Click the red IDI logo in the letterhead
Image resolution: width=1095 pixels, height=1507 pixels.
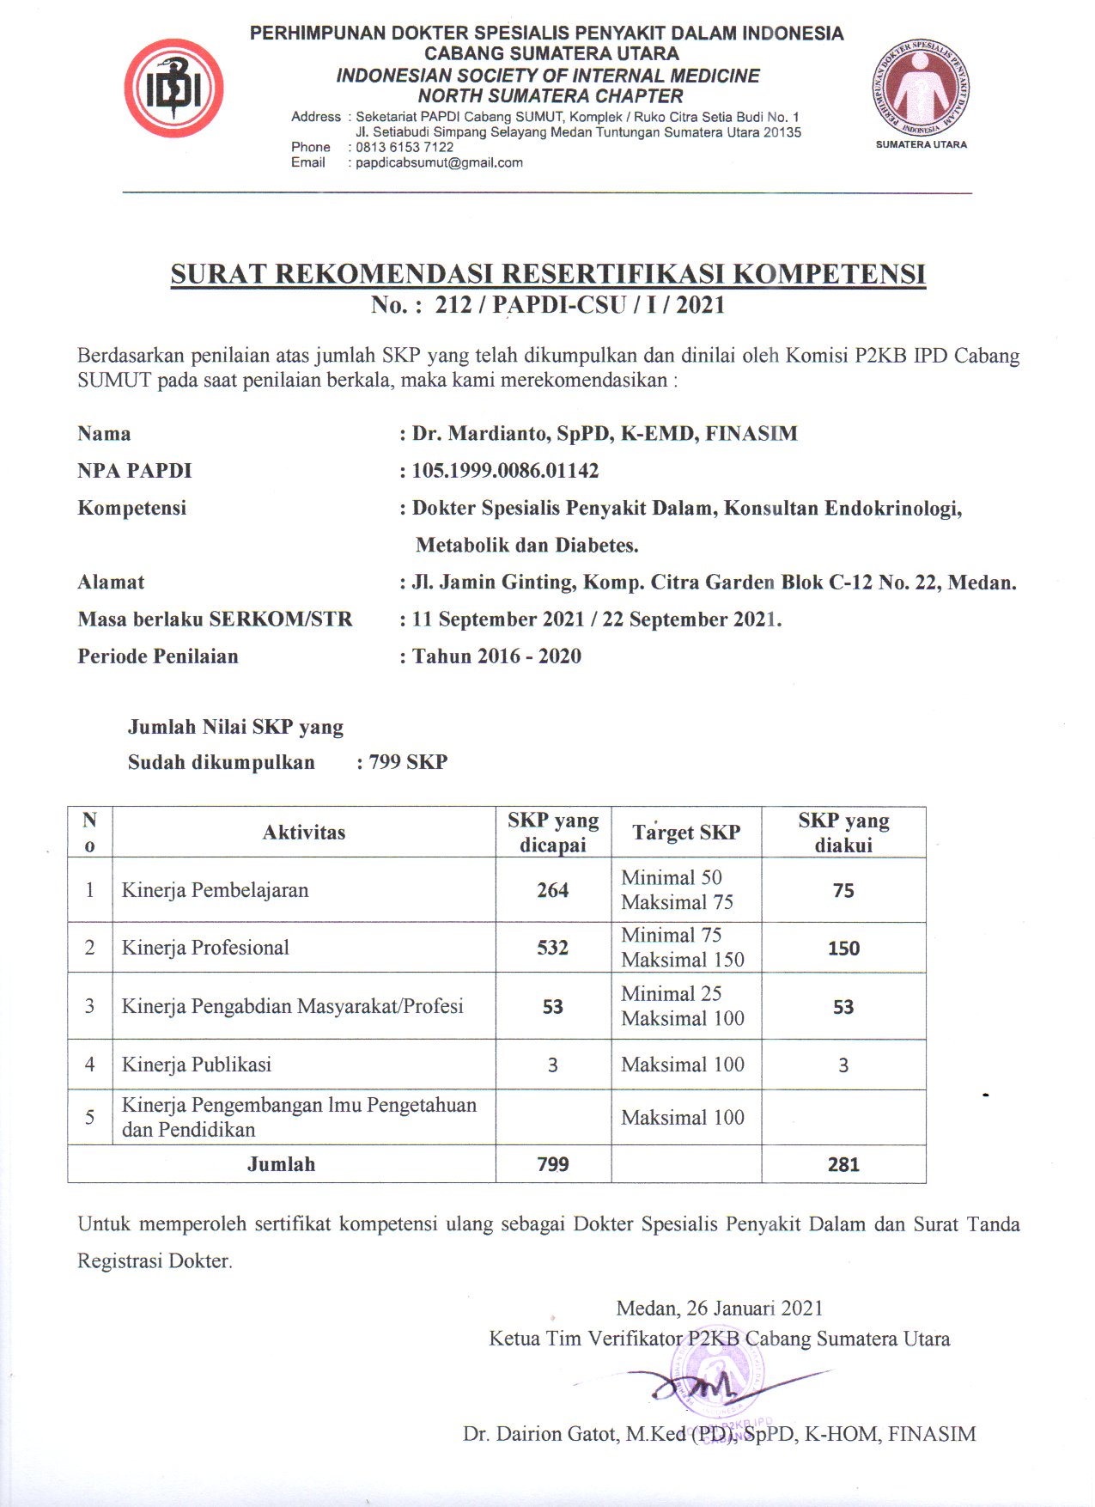[x=173, y=88]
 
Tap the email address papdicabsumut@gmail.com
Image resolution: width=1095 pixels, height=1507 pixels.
[x=439, y=162]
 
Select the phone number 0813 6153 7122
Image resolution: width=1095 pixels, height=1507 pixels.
[x=405, y=147]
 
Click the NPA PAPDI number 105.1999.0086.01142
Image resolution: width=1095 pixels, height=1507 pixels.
[x=505, y=471]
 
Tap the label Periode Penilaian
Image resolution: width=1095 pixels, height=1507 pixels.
[x=158, y=656]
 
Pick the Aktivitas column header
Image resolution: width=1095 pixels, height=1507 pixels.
[x=304, y=832]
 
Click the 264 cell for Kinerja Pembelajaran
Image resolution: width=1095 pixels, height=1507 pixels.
[x=552, y=890]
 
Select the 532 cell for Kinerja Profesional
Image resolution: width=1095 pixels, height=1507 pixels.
[x=552, y=948]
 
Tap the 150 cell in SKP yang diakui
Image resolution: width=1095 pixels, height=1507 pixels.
[x=843, y=949]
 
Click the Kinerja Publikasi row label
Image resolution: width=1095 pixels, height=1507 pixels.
[x=197, y=1065]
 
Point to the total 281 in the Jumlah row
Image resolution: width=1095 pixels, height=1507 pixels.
[x=843, y=1164]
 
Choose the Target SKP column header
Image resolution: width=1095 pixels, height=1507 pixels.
[x=686, y=832]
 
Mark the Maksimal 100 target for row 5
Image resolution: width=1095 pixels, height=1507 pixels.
[x=683, y=1117]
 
